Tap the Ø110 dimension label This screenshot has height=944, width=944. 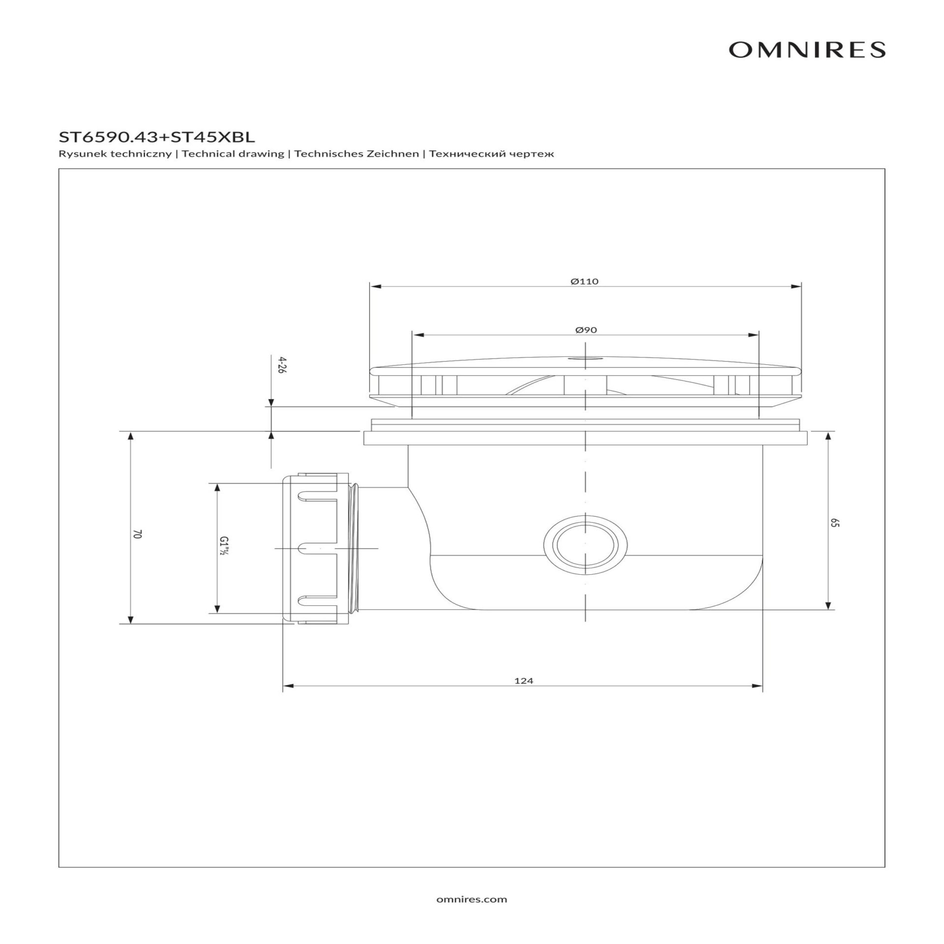(585, 282)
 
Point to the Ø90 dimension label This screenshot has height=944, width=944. (586, 329)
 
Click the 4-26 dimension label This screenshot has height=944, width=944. (282, 366)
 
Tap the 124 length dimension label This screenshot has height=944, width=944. (524, 681)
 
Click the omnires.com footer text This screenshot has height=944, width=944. (472, 899)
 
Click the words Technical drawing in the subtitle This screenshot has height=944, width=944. (233, 154)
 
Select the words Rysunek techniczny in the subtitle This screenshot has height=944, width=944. (115, 154)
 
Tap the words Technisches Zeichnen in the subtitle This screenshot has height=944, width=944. (357, 154)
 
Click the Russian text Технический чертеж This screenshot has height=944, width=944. (492, 154)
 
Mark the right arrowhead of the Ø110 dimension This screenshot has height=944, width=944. (796, 287)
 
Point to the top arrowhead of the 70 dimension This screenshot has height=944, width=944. (130, 437)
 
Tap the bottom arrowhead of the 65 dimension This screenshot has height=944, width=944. (828, 604)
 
